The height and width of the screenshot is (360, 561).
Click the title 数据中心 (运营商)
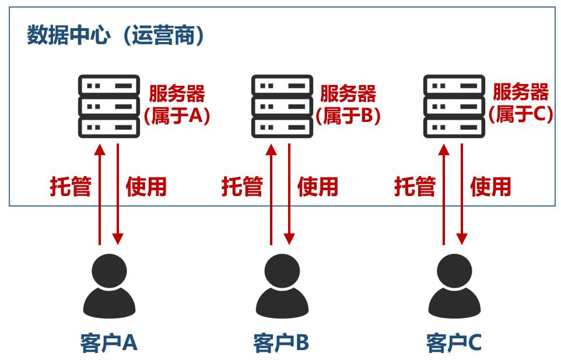[x=116, y=36]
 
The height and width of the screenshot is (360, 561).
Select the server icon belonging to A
[x=109, y=106]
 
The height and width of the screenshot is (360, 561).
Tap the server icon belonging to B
[x=282, y=106]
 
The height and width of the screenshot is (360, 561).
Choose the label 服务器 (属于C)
[x=521, y=104]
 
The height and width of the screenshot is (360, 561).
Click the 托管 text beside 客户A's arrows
[x=71, y=187]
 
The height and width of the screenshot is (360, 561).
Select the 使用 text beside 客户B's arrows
[x=318, y=187]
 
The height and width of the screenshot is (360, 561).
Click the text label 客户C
[x=454, y=343]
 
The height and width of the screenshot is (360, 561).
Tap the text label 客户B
[x=281, y=343]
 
